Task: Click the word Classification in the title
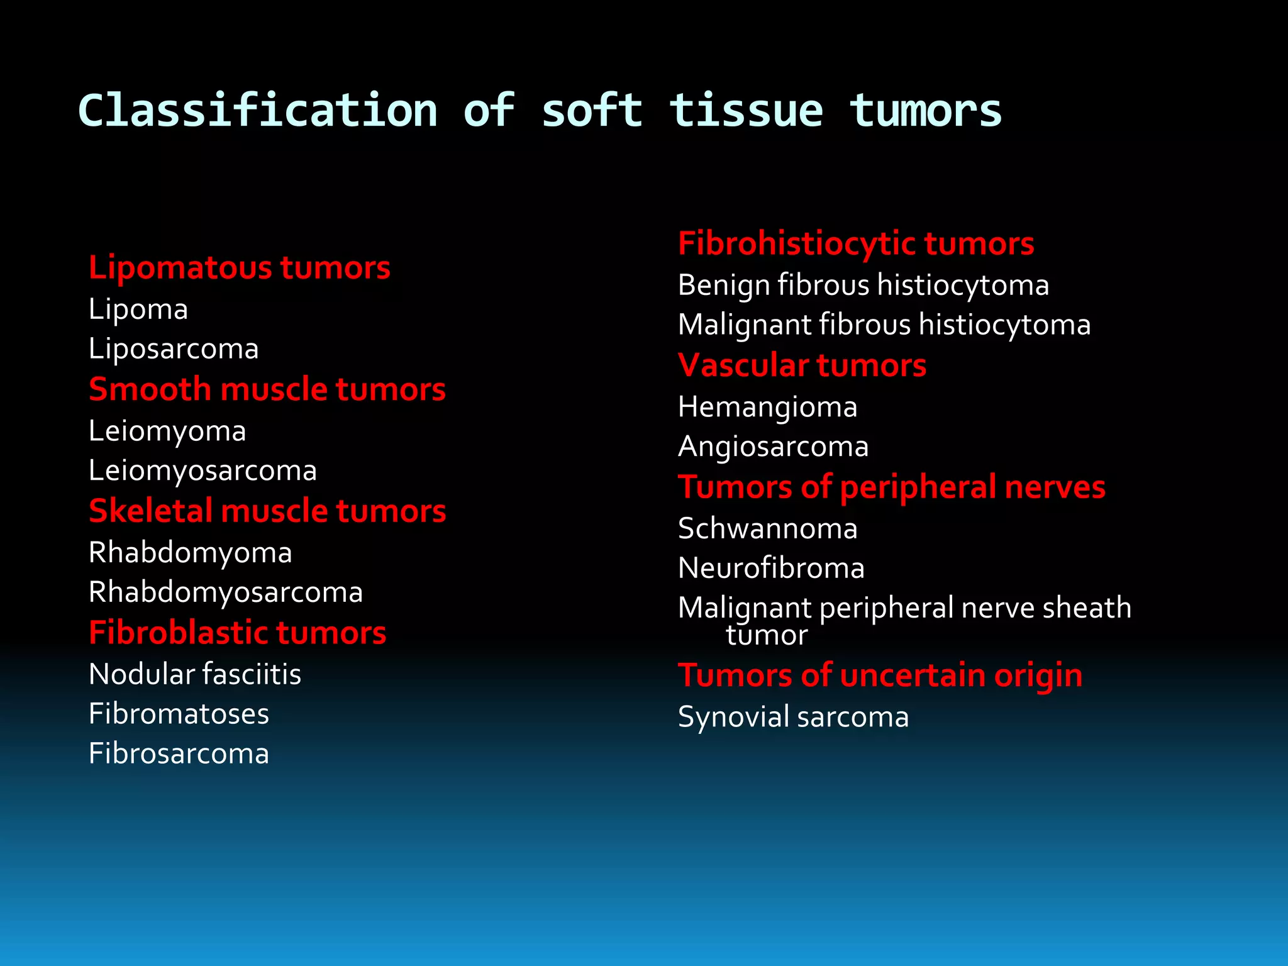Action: (258, 111)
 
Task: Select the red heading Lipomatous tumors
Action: (239, 268)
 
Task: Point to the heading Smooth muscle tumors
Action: (267, 389)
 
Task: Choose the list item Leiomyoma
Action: (167, 431)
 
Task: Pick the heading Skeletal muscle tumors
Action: (267, 511)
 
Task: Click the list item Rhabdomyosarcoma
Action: (226, 592)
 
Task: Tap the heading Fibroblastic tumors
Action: (237, 633)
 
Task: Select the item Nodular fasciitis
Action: (195, 674)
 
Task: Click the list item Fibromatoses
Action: (179, 714)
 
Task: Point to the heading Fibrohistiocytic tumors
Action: (856, 244)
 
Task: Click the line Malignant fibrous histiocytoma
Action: (884, 325)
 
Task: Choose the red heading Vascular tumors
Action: (802, 365)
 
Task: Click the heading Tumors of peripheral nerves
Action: (891, 487)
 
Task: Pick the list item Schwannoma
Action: (767, 529)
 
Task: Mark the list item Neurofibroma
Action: (771, 569)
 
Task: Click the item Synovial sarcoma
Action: (793, 718)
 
